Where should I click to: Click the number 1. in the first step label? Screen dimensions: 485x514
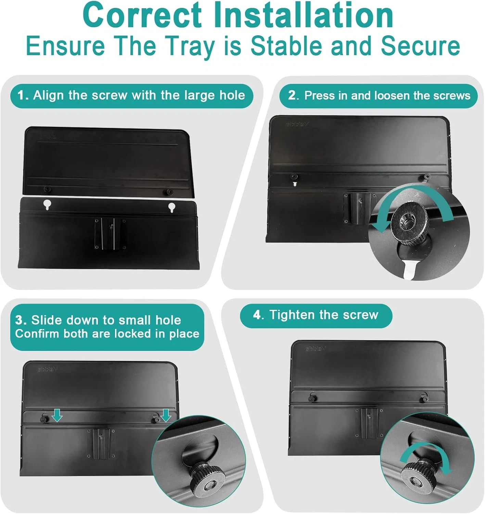(x=23, y=95)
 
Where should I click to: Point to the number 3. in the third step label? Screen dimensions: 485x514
(x=21, y=320)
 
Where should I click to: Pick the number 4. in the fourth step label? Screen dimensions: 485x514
(x=258, y=315)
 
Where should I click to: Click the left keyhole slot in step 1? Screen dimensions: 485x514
(x=47, y=205)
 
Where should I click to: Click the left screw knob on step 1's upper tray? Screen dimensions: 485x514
(x=47, y=189)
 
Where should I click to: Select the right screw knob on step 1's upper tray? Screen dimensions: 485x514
(x=169, y=192)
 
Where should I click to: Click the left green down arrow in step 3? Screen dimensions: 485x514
(x=57, y=415)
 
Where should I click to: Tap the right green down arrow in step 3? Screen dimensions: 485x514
(x=165, y=415)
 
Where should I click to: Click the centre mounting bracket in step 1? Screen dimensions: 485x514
(x=111, y=233)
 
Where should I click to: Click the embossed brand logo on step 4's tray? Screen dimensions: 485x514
(x=316, y=348)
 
